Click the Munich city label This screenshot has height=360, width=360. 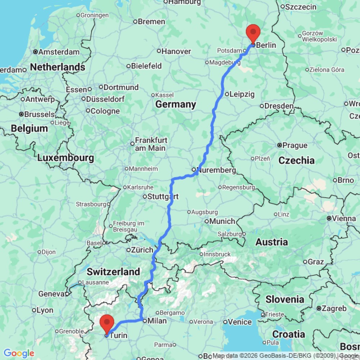(223, 221)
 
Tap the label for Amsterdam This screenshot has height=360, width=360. (59, 52)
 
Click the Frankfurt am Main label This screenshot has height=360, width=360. (150, 144)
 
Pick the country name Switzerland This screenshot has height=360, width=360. (113, 271)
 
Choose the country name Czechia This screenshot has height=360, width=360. (297, 160)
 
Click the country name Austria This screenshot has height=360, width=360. (272, 242)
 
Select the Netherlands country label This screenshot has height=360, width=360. (58, 67)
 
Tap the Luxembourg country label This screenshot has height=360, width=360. (66, 158)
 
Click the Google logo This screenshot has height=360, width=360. (18, 353)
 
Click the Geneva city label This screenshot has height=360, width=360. (51, 294)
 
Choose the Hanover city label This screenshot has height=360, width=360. (176, 51)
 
